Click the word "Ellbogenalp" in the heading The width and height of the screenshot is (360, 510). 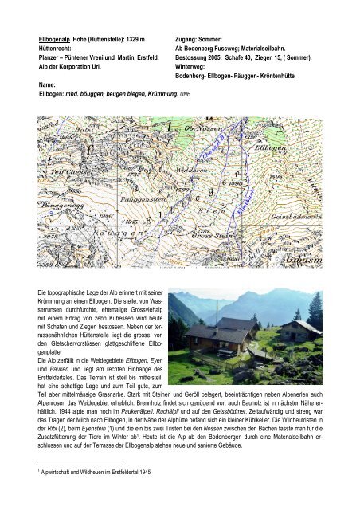(57, 38)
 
